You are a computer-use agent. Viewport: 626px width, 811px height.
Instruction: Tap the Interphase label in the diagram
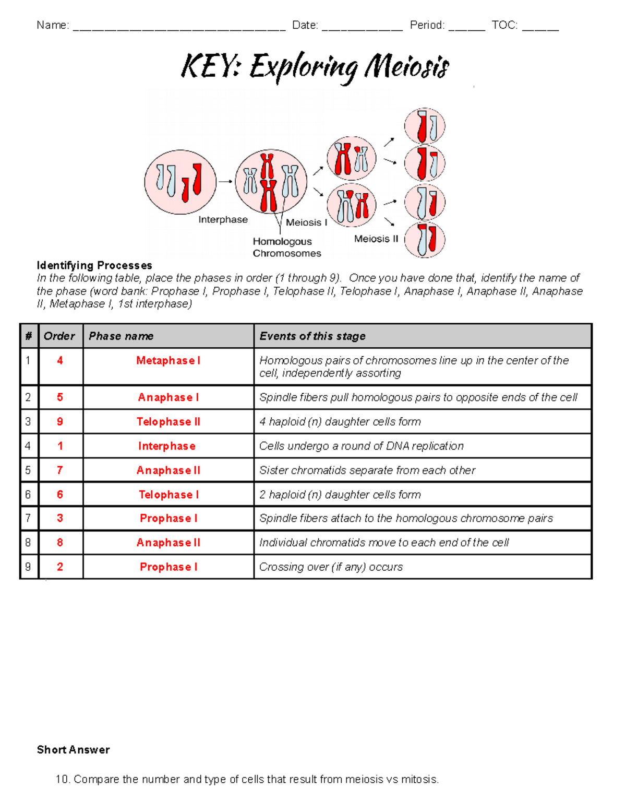[x=223, y=220]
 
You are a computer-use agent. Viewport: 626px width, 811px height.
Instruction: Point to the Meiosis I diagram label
[x=306, y=222]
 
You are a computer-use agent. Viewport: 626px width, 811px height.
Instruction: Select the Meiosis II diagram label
[x=376, y=239]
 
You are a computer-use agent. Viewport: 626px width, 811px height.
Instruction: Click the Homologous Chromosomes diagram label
[x=286, y=248]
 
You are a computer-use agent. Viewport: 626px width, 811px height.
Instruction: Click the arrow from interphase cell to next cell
[x=225, y=182]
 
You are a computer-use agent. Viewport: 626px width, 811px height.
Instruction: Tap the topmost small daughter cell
[x=425, y=126]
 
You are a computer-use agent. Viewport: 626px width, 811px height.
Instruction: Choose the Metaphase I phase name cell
[x=168, y=361]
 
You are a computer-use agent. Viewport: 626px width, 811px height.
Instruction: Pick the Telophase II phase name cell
[x=168, y=422]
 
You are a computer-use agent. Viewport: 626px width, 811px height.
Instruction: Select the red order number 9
[x=60, y=422]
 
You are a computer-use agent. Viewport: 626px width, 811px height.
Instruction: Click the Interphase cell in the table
[x=167, y=446]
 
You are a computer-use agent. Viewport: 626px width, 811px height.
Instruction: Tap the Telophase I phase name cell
[x=168, y=495]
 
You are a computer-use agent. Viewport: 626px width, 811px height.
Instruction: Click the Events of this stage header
[x=312, y=336]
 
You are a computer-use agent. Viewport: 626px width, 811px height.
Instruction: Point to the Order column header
[x=59, y=336]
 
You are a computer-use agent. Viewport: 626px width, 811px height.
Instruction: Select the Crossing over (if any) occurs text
[x=331, y=567]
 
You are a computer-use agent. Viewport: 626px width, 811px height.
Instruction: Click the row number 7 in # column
[x=28, y=519]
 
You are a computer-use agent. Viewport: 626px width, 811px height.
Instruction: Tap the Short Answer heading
[x=73, y=750]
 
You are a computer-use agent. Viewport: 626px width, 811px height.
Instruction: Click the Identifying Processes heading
[x=94, y=265]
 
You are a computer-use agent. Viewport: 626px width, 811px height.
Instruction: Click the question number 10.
[x=62, y=780]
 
